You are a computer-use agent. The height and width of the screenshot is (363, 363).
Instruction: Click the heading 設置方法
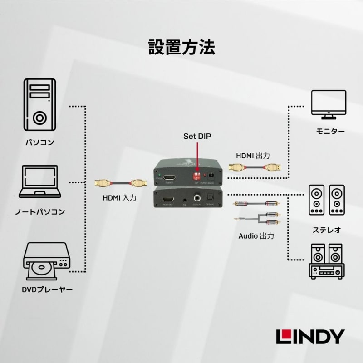tap(181, 47)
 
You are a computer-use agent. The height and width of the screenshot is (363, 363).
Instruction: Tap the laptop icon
tap(39, 181)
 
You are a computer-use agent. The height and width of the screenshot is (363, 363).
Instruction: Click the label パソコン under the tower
tap(39, 142)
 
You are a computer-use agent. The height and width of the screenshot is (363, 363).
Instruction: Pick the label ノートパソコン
tap(39, 211)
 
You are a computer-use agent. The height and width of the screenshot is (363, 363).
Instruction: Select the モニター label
tap(330, 132)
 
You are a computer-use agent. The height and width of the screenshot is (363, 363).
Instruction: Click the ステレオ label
tap(326, 230)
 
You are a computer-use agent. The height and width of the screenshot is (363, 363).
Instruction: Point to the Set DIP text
tap(197, 136)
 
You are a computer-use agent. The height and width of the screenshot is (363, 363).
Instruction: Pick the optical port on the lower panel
tap(210, 198)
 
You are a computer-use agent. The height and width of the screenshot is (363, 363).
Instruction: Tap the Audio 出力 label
tap(256, 236)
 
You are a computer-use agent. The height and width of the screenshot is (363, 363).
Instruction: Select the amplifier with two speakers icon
tap(326, 260)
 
